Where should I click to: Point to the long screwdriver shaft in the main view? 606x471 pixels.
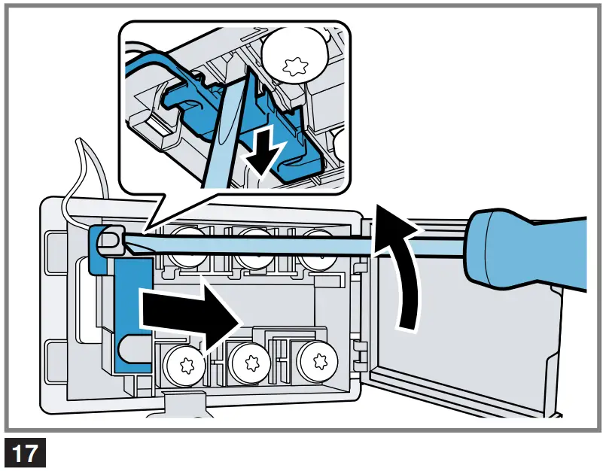coord(301,243)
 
